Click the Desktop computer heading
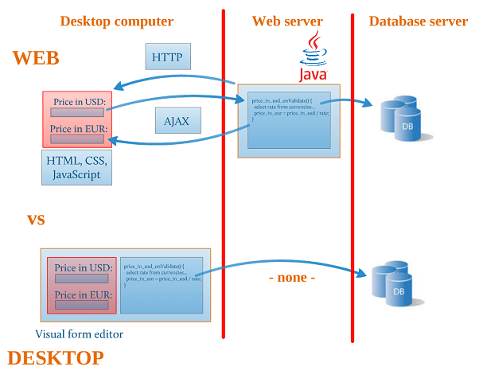click(116, 21)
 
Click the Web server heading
click(287, 21)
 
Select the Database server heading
click(418, 21)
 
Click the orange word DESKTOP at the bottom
click(56, 358)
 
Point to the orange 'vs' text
click(36, 220)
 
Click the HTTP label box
click(167, 57)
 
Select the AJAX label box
click(177, 121)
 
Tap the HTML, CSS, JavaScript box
click(75, 168)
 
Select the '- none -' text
click(292, 278)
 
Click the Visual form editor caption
click(80, 333)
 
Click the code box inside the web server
click(289, 120)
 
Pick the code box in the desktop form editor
click(162, 285)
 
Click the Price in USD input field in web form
click(77, 112)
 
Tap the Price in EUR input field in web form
click(77, 139)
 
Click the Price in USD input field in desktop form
click(81, 279)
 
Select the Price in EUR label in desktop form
click(82, 294)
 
